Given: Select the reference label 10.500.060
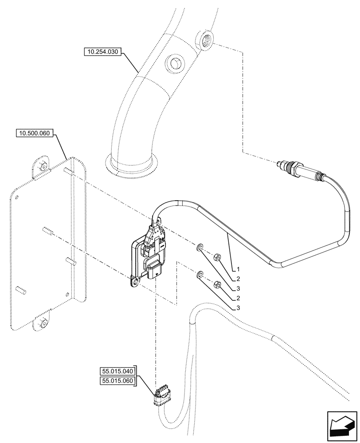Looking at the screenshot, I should pyautogui.click(x=34, y=132).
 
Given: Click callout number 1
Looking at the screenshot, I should pyautogui.click(x=238, y=269).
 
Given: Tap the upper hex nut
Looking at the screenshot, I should pyautogui.click(x=218, y=256).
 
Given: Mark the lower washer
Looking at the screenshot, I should pyautogui.click(x=200, y=275).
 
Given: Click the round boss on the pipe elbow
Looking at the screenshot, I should pyautogui.click(x=174, y=63).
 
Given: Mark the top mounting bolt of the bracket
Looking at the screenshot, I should pyautogui.click(x=43, y=166).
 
